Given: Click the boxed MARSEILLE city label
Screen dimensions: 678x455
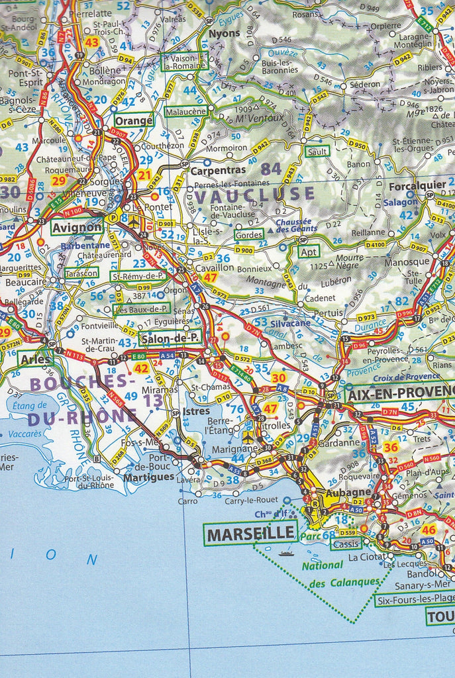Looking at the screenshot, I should [250, 533].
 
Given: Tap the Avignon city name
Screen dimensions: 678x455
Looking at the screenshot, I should [78, 227].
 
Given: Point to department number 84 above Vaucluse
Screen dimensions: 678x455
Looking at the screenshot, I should [271, 169].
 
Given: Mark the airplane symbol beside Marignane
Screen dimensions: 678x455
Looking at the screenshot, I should [247, 438].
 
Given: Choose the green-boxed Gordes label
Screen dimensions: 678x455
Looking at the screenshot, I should [248, 234].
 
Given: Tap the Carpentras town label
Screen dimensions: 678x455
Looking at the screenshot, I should [209, 170].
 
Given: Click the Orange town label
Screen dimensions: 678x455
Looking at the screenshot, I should [133, 121].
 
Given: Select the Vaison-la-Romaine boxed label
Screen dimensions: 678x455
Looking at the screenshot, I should [185, 62].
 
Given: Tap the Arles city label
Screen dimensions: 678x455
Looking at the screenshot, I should [36, 359].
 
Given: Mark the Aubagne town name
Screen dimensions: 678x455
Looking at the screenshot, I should [348, 493].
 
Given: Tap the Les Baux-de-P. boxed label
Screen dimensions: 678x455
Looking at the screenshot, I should [142, 309].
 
